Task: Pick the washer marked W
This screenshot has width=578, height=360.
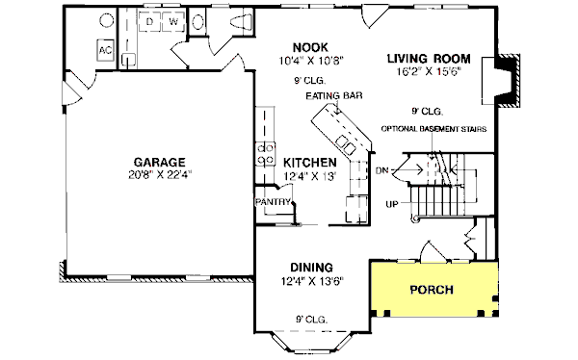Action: click(x=174, y=20)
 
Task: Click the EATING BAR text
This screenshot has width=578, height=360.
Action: click(x=328, y=96)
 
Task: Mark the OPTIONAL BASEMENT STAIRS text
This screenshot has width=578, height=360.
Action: click(x=433, y=128)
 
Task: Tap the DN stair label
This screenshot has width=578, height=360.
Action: click(x=381, y=171)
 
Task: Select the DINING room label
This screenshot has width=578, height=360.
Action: click(x=311, y=267)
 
